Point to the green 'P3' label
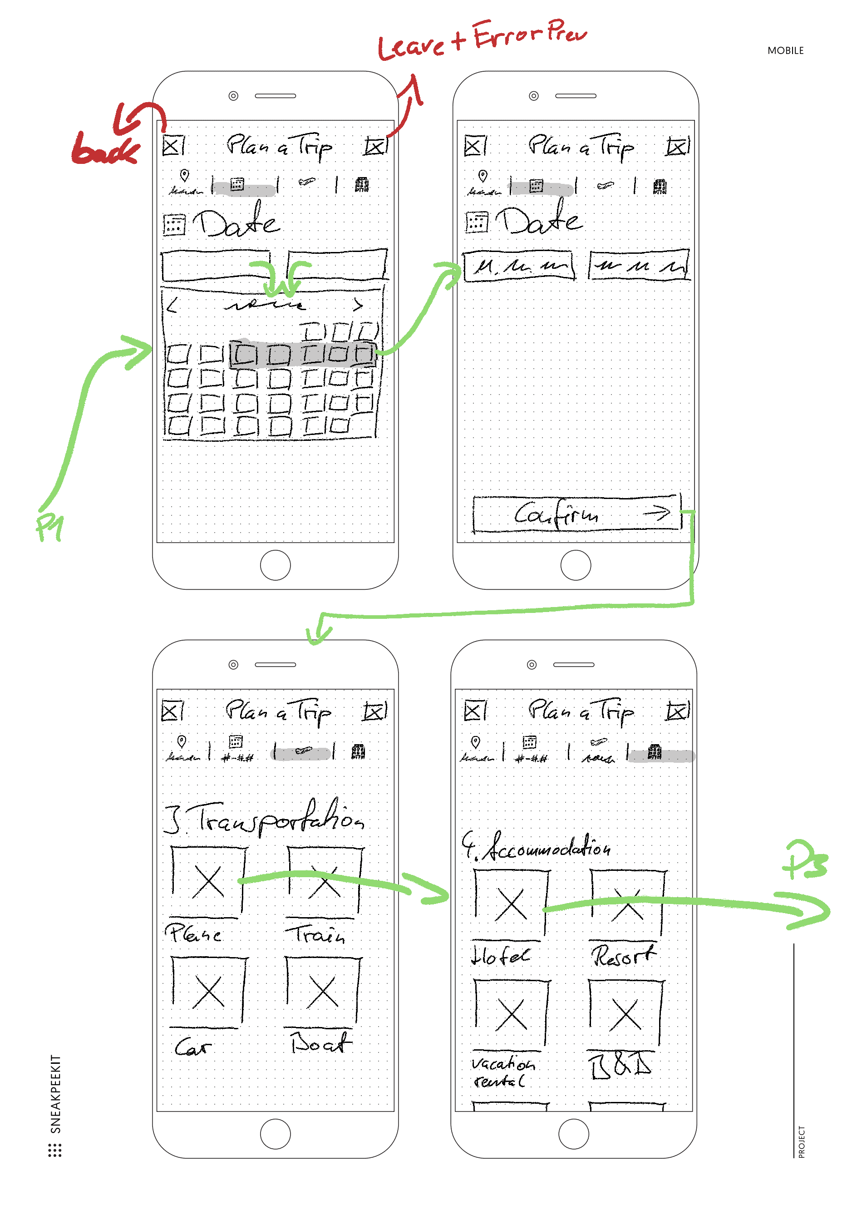point(805,861)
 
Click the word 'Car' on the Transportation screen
point(192,1047)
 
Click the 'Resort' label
point(623,956)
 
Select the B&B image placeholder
point(625,1013)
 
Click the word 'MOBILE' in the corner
point(785,51)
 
